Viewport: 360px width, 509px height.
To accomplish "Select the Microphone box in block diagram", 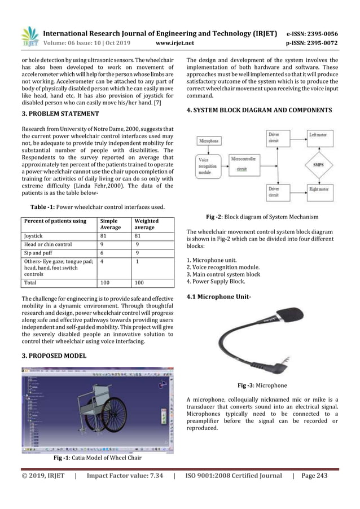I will pos(209,141).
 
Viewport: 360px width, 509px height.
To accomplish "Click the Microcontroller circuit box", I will pos(247,164).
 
